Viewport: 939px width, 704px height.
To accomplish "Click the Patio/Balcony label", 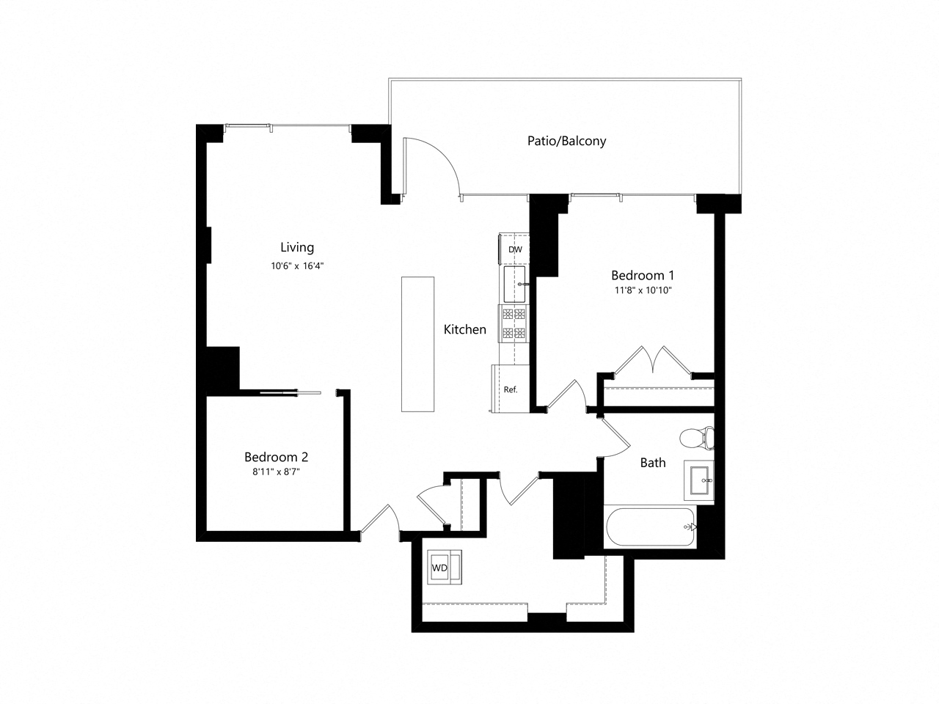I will click(x=566, y=141).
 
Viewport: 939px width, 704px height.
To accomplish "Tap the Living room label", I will click(x=297, y=247).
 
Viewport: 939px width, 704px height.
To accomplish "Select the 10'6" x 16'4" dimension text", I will click(x=297, y=266).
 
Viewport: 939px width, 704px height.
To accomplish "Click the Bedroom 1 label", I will click(x=643, y=275).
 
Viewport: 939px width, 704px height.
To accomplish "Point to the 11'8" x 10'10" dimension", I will click(x=643, y=290).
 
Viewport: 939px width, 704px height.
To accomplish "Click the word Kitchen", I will click(x=464, y=329).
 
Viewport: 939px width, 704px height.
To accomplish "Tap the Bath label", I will click(x=653, y=462).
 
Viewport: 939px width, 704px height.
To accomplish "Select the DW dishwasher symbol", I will click(x=515, y=249).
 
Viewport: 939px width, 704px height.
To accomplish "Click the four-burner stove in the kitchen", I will click(x=514, y=323).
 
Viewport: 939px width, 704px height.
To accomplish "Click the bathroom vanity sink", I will click(x=698, y=481).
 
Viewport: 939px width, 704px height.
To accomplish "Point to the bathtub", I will click(x=649, y=527).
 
